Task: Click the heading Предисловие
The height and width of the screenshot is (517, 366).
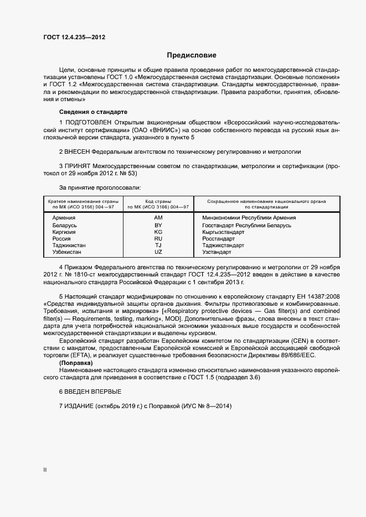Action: pyautogui.click(x=192, y=55)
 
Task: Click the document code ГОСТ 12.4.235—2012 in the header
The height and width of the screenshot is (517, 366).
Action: pyautogui.click(x=74, y=37)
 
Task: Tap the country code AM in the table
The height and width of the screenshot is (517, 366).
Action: pyautogui.click(x=158, y=218)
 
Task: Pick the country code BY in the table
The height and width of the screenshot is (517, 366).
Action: pyautogui.click(x=158, y=226)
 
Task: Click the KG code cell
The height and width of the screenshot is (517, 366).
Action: pyautogui.click(x=158, y=232)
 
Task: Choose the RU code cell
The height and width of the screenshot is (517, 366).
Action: pyautogui.click(x=158, y=239)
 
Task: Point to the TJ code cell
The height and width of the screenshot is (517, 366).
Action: pyautogui.click(x=158, y=246)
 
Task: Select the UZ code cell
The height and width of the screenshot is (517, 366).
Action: pyautogui.click(x=158, y=252)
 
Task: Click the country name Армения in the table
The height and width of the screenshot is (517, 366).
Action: pyautogui.click(x=64, y=218)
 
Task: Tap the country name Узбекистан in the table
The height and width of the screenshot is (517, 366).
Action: pyautogui.click(x=67, y=252)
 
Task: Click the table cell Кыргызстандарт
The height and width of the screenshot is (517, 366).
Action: pyautogui.click(x=223, y=232)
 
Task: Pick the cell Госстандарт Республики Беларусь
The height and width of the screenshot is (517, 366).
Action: pyautogui.click(x=247, y=226)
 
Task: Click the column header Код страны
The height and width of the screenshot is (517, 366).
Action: pyautogui.click(x=158, y=201)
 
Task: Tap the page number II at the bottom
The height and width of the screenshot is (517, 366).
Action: pyautogui.click(x=45, y=470)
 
